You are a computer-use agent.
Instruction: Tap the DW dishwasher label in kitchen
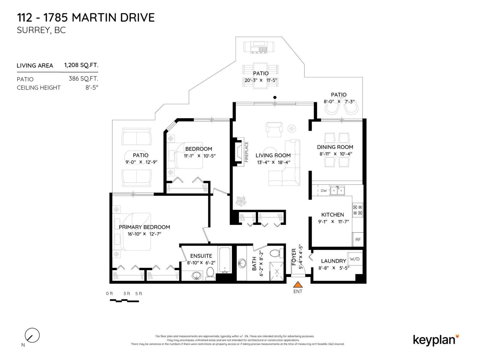(324, 191)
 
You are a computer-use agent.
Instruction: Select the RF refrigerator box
(358, 239)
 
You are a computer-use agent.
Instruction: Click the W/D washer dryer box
(355, 259)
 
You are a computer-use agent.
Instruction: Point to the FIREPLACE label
(247, 152)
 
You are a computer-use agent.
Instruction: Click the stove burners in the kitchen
(357, 210)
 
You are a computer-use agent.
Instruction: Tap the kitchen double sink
(337, 190)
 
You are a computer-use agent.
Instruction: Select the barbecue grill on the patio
(259, 47)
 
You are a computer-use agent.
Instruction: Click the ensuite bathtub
(224, 260)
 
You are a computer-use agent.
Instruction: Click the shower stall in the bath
(276, 271)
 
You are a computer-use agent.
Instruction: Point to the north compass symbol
(32, 335)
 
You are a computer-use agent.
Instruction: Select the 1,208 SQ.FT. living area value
(81, 65)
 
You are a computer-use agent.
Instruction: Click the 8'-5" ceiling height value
(92, 88)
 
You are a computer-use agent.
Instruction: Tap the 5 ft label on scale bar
(139, 294)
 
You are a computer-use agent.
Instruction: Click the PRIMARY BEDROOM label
(144, 227)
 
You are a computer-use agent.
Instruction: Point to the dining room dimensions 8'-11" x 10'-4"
(335, 154)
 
